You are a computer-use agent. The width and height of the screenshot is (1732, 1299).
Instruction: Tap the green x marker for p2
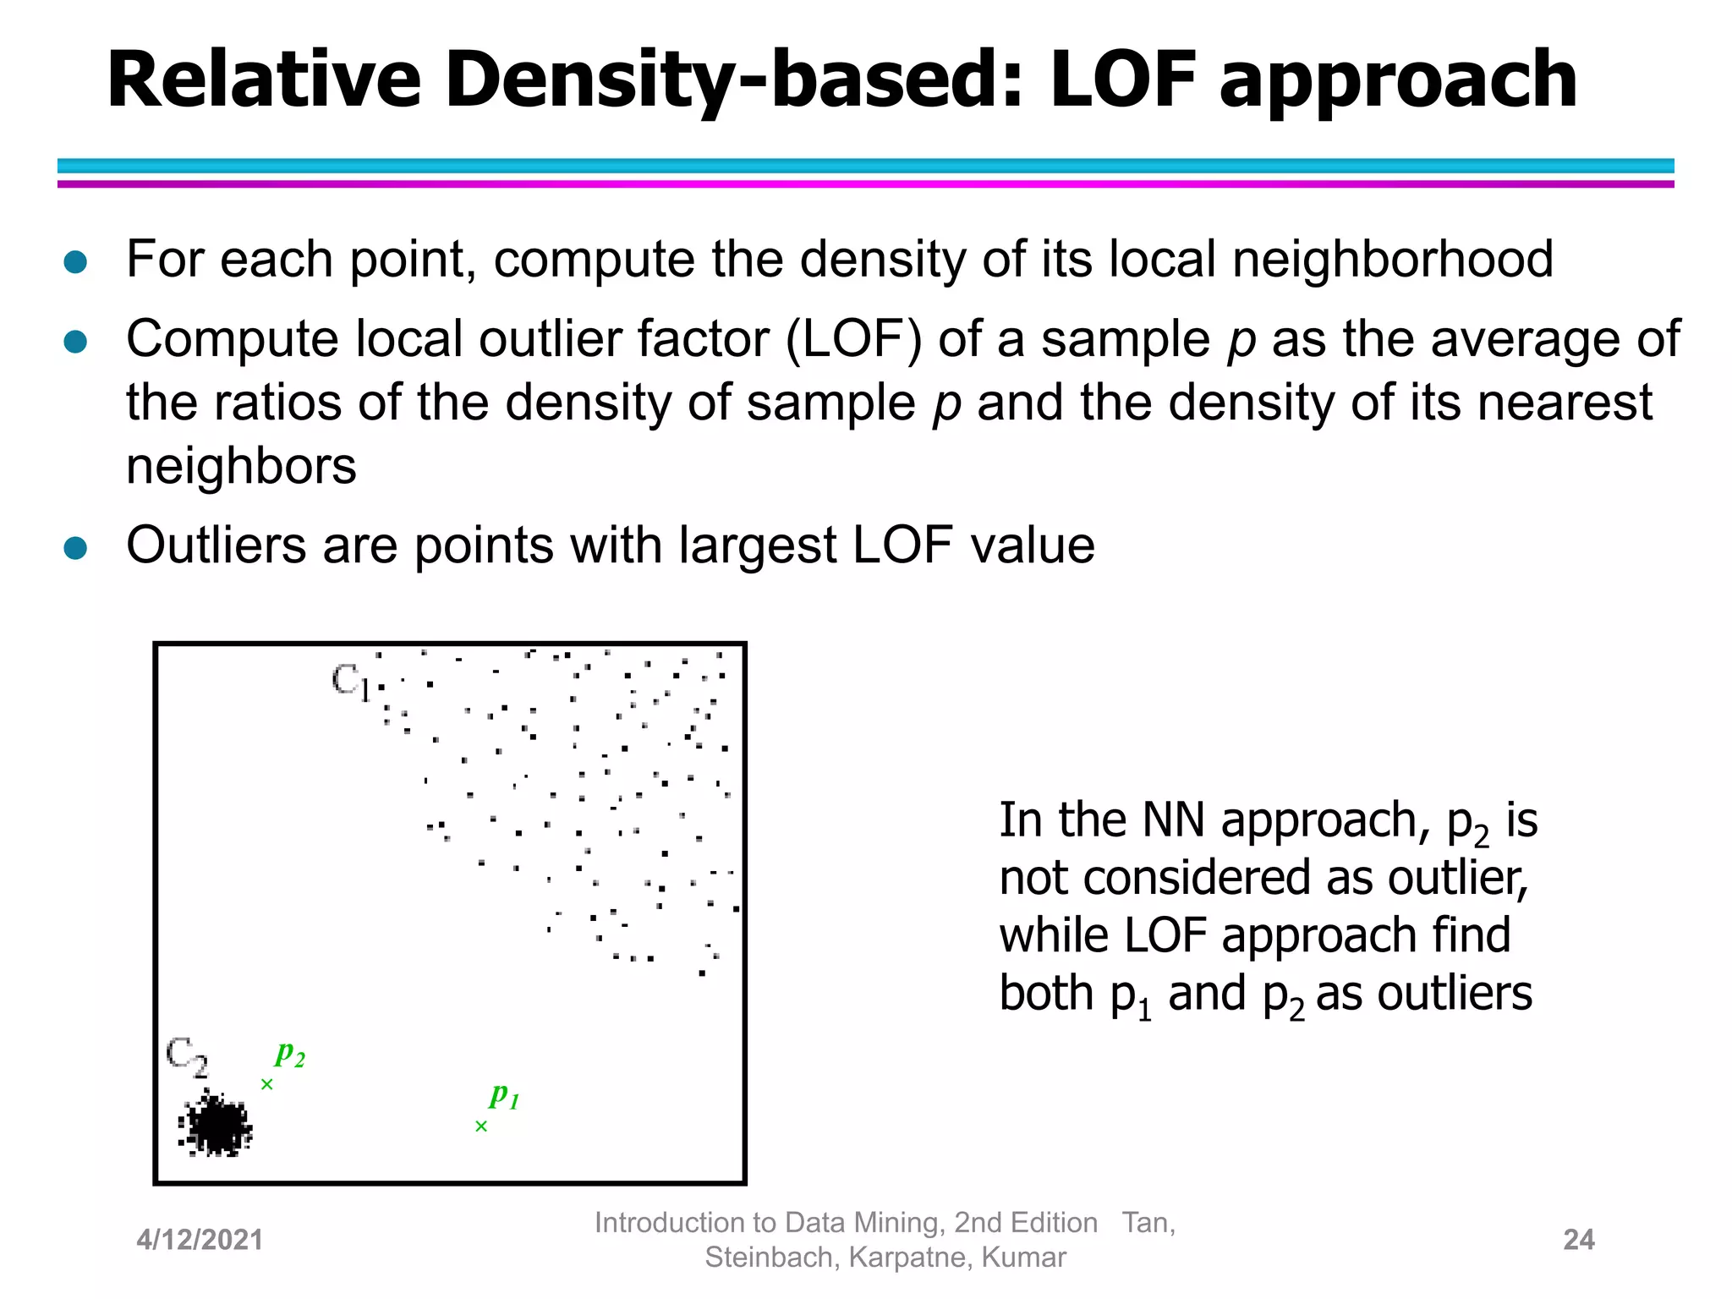(x=267, y=1084)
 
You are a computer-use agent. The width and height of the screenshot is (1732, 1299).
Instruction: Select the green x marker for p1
(x=481, y=1126)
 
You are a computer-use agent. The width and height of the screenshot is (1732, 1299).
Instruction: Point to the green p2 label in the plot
(x=289, y=1054)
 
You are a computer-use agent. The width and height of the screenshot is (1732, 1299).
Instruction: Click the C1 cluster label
(x=350, y=682)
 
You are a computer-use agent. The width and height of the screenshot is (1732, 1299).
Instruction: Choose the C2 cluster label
(x=186, y=1057)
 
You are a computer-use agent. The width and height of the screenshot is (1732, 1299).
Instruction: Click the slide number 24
(x=1579, y=1240)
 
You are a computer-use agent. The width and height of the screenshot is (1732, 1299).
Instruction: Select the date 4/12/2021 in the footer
(x=200, y=1241)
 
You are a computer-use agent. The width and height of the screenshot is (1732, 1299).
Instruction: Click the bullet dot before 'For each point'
(x=76, y=262)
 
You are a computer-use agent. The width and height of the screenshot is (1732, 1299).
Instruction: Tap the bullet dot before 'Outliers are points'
(x=76, y=548)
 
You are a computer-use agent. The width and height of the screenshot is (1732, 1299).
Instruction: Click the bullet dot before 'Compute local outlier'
(x=76, y=343)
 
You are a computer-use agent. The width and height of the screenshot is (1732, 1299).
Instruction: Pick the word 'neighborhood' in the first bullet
(x=1392, y=259)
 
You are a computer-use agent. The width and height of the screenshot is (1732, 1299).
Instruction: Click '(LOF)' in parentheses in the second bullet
(x=853, y=339)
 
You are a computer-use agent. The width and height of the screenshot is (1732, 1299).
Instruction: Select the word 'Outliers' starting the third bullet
(x=216, y=545)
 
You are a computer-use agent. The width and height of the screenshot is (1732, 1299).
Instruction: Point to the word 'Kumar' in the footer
(x=1023, y=1258)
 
